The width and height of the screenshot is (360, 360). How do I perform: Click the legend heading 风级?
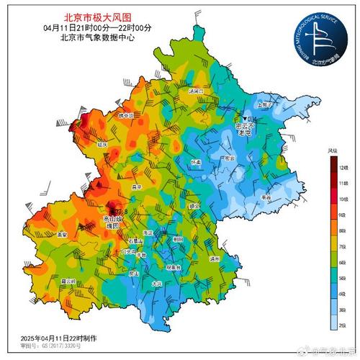333,150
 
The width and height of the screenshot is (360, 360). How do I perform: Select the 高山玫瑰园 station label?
111,220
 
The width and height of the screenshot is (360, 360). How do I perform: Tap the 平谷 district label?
266,197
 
